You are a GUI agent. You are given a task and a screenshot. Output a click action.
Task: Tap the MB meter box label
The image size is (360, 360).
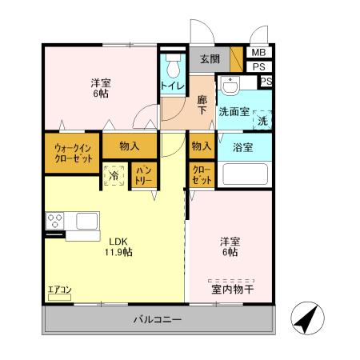[x=258, y=53]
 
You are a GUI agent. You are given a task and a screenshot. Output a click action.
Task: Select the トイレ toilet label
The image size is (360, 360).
[x=171, y=86]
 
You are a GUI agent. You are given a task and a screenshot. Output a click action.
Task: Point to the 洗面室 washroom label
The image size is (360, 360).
[x=234, y=113]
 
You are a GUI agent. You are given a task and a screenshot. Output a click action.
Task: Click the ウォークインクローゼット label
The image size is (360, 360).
[x=72, y=153]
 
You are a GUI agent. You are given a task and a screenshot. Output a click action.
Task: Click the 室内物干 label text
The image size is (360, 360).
[x=232, y=290]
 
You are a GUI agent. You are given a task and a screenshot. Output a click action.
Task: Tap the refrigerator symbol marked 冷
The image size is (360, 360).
[x=114, y=176]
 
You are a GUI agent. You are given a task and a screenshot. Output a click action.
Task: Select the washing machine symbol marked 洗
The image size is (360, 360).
[x=262, y=120]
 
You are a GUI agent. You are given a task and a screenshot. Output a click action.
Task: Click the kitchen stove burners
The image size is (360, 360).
[x=55, y=219]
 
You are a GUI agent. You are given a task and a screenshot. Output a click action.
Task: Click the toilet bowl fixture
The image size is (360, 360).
[x=173, y=65]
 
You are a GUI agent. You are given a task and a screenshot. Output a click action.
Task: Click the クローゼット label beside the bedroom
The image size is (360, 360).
[x=202, y=176]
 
